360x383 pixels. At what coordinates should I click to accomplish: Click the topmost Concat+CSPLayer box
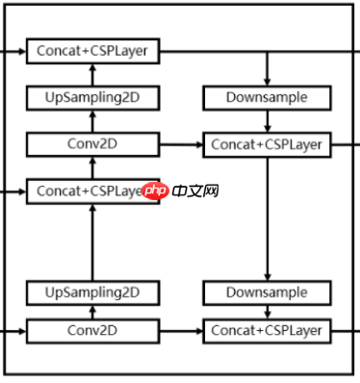click(92, 50)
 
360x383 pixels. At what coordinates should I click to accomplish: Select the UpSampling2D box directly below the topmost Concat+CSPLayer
click(92, 97)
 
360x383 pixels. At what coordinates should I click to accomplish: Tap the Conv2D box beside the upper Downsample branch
click(92, 144)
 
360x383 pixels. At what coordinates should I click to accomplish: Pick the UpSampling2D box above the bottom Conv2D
click(92, 292)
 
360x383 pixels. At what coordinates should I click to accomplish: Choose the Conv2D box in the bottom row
click(92, 332)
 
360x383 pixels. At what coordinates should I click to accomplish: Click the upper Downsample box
click(267, 97)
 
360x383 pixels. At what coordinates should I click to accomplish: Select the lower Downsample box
click(267, 292)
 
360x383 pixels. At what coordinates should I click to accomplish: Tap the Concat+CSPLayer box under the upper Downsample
click(267, 144)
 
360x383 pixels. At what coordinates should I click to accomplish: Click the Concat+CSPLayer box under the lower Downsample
click(267, 332)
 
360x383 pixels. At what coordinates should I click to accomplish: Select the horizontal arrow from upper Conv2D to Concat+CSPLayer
click(180, 144)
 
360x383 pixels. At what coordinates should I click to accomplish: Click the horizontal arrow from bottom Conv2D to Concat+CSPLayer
click(180, 332)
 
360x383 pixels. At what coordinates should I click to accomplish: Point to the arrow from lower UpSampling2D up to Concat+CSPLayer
click(92, 241)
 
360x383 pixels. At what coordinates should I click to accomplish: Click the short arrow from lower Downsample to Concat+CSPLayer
click(267, 312)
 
